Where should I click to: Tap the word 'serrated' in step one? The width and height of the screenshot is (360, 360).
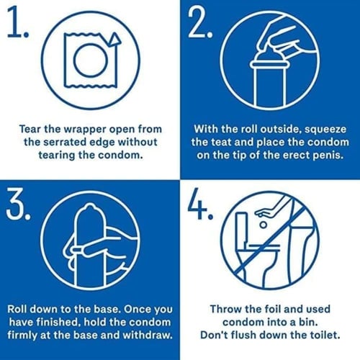[66, 142]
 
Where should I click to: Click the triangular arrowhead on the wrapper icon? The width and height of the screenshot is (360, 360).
[114, 40]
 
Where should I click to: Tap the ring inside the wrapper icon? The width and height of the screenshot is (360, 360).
[90, 60]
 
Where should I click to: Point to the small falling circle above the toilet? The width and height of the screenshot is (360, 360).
[264, 225]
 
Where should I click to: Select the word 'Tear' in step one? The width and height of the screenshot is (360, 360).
[30, 129]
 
